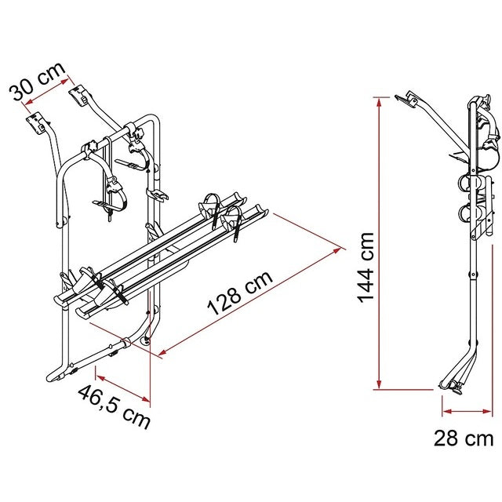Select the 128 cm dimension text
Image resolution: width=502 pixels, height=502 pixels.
[x=239, y=294]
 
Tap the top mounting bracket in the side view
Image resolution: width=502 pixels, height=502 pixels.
[x=406, y=99]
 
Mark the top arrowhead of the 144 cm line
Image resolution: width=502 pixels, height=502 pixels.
[x=380, y=98]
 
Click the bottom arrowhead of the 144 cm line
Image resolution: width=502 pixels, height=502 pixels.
[x=380, y=386]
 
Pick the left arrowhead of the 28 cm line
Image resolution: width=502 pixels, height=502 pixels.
[x=444, y=409]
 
